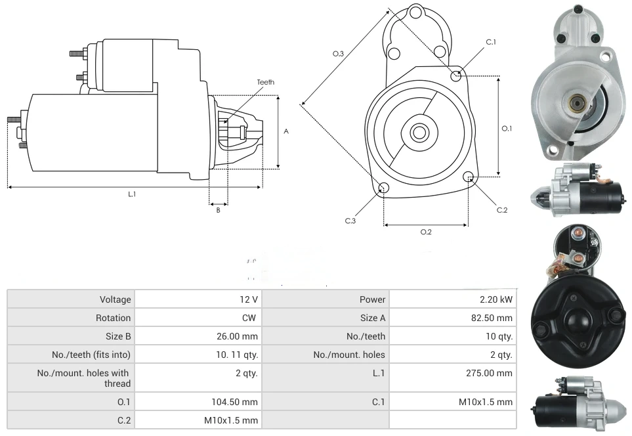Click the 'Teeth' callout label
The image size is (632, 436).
[x=265, y=82]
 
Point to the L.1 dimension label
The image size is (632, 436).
[x=132, y=194]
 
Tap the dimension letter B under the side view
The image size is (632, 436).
[x=218, y=210]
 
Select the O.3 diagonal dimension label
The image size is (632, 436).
[x=338, y=54]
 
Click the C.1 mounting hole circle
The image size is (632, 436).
[x=456, y=76]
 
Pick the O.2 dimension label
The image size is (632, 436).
[x=426, y=232]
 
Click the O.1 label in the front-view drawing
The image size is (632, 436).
[x=507, y=129]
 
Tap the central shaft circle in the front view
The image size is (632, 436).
[x=419, y=133]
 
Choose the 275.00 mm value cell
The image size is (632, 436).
[x=489, y=373]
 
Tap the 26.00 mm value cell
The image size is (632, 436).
[x=238, y=336]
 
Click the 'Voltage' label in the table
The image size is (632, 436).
[x=115, y=299]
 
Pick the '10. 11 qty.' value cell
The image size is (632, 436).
[x=240, y=355]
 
